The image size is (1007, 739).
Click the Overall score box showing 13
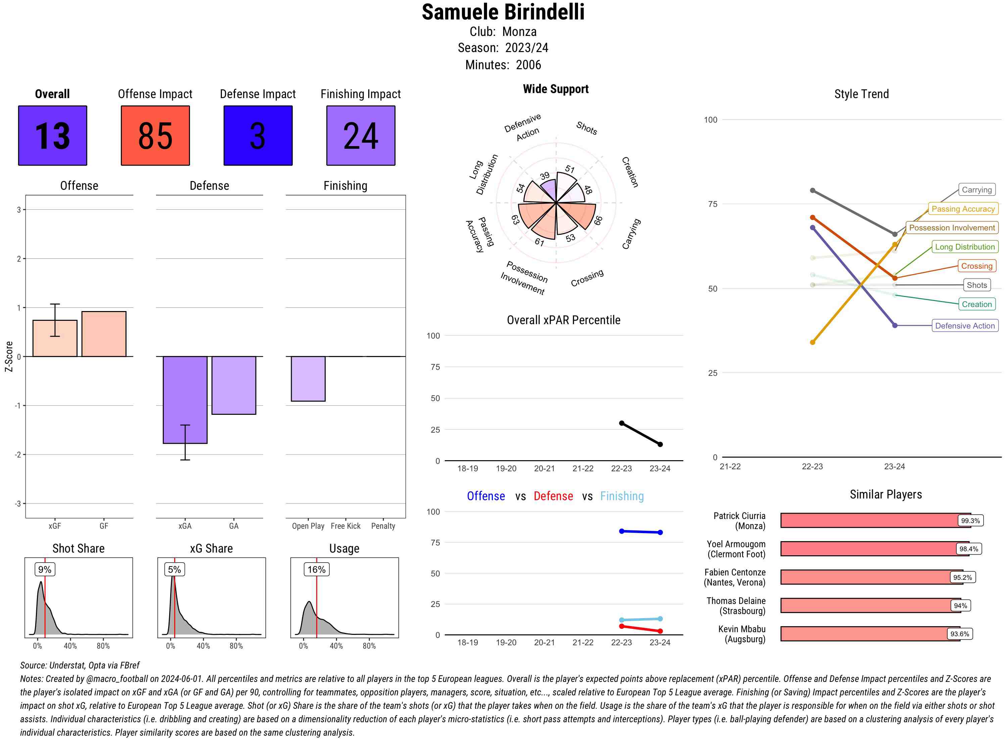(52, 136)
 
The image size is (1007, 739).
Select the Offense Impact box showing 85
(155, 136)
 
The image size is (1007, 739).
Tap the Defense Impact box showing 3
(258, 136)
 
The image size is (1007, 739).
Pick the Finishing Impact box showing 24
(361, 136)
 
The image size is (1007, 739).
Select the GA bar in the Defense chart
(234, 385)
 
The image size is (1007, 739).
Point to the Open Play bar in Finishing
(308, 379)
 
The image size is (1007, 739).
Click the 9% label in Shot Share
(45, 569)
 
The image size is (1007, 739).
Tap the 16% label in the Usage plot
(317, 569)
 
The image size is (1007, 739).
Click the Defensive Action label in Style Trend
(965, 325)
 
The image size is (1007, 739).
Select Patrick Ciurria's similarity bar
(875, 521)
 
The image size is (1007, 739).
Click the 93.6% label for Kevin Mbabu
(960, 634)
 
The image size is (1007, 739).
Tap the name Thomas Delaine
(736, 601)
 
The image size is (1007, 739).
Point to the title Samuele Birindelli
(503, 12)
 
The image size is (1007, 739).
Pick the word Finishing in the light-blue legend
(622, 496)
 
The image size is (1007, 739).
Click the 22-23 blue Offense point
(622, 531)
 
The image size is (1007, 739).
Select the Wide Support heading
(556, 89)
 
